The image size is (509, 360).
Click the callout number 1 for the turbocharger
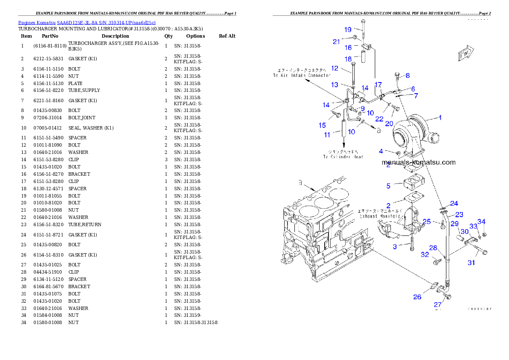(440, 117)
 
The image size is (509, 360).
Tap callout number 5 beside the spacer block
(388, 186)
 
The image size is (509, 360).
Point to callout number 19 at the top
(348, 30)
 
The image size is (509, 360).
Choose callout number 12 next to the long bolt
(334, 68)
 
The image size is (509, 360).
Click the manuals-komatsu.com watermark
(418, 162)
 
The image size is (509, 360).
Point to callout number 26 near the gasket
(417, 297)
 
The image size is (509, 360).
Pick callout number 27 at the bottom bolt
(438, 305)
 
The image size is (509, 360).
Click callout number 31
(471, 263)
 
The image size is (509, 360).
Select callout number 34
(482, 221)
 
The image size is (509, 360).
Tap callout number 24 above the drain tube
(454, 204)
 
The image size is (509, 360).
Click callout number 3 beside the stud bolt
(395, 246)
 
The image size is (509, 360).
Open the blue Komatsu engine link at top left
(87, 22)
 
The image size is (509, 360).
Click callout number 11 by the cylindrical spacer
(327, 135)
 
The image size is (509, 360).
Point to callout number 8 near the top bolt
(408, 76)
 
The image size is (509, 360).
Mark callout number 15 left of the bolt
(322, 125)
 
